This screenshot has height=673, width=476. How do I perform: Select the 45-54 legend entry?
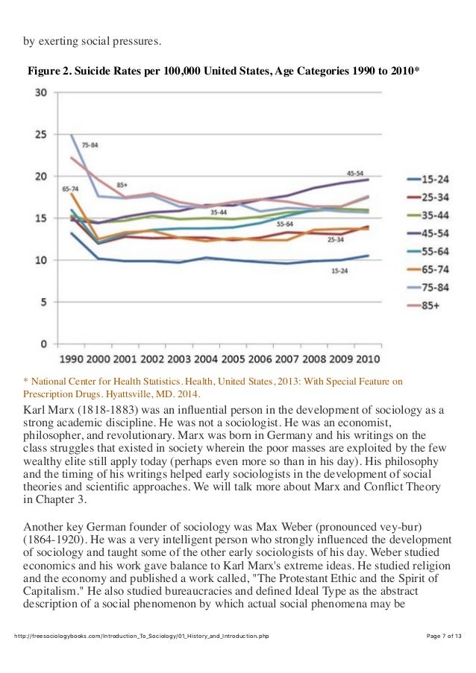(434, 232)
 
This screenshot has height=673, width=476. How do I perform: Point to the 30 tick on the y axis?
(42, 93)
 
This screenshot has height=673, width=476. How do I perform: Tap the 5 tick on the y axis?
(45, 303)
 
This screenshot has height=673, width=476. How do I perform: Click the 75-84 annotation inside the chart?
(90, 144)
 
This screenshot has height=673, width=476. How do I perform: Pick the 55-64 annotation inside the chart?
(285, 224)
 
